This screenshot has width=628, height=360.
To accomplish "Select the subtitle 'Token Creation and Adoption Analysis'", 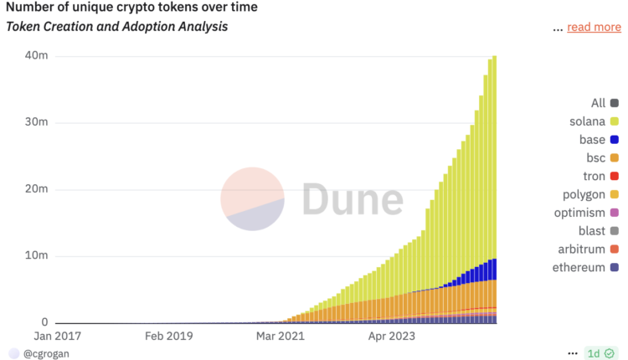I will point(116,27).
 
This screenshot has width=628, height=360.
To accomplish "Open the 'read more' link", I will point(594,27).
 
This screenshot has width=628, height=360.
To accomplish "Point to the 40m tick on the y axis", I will point(37,56).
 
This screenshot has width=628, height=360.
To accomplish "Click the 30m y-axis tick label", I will point(37,122).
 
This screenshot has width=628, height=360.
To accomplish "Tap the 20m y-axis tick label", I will point(37,189).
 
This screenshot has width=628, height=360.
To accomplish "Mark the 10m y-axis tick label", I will point(37,255).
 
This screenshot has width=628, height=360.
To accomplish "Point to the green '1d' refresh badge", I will point(598,353).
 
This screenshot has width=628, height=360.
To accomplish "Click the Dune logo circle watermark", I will point(252,198).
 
